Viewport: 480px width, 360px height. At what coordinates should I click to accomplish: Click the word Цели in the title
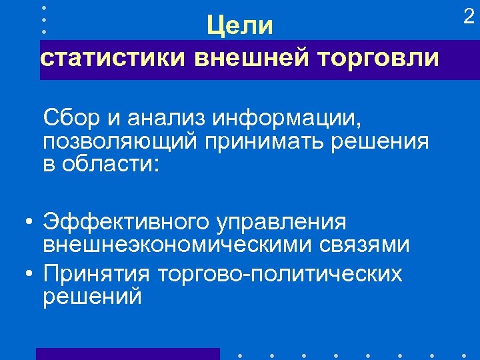point(240,27)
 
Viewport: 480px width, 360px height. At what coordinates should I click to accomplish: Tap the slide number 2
point(469,17)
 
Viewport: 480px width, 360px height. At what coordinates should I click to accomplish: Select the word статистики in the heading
point(112,58)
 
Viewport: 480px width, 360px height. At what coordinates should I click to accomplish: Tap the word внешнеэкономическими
point(170,244)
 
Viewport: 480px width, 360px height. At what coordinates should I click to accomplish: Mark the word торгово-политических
point(280,274)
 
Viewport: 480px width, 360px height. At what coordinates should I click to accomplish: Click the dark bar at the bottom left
point(127,354)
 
